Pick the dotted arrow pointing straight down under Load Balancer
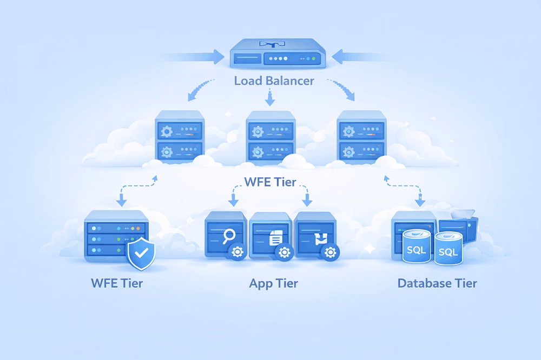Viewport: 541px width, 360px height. point(269,98)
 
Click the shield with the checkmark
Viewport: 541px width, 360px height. point(141,253)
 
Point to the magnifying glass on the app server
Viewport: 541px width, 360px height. point(229,236)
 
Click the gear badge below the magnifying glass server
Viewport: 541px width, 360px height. point(236,252)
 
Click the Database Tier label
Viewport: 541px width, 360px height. point(437,283)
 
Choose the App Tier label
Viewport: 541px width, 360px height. point(273,283)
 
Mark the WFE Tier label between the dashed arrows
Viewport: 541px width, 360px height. point(270,182)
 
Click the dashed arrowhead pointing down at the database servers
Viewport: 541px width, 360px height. point(419,203)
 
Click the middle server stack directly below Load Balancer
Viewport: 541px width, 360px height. point(271,138)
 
